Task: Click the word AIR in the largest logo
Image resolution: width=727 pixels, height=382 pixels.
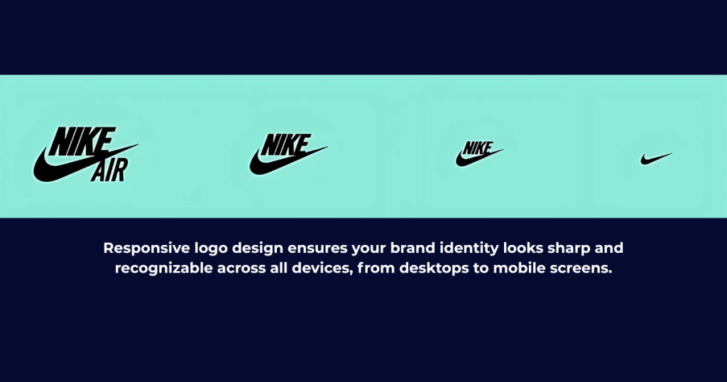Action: [109, 170]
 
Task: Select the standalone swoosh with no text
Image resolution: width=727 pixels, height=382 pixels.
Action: [655, 159]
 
